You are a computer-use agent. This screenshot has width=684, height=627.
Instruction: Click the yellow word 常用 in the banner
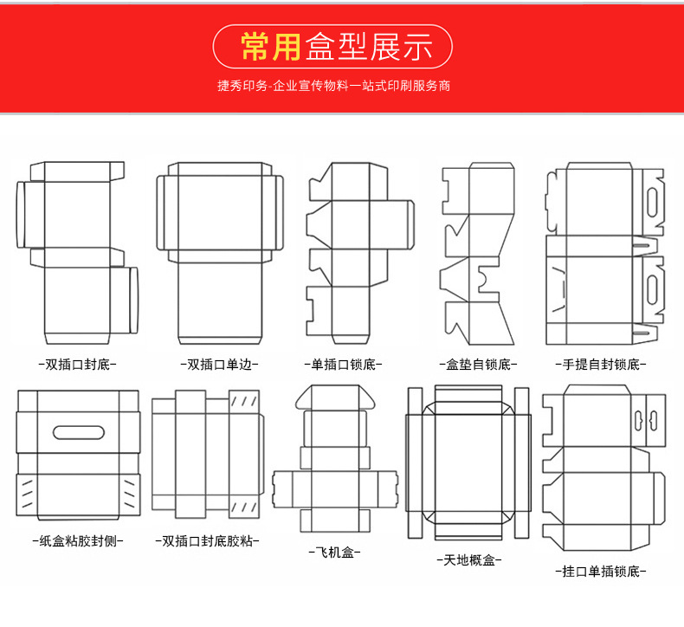coord(270,46)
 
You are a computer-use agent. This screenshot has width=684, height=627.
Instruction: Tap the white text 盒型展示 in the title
coord(369,46)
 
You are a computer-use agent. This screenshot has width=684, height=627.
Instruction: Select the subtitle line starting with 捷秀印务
coord(333,86)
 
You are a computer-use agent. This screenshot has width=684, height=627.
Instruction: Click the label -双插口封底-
coord(78,364)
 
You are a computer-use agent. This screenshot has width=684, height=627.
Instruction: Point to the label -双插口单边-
coord(219,364)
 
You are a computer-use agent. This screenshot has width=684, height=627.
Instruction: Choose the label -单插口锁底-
coord(344,364)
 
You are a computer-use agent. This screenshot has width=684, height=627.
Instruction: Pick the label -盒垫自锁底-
coord(478,364)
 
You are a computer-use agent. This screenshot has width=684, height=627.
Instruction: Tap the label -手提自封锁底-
coord(601,364)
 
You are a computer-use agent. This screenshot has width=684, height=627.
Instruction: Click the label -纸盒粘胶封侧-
coord(78,541)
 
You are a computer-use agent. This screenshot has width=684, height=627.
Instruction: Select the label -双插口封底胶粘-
coord(207,541)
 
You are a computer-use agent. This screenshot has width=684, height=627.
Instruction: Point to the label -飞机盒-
coord(335,553)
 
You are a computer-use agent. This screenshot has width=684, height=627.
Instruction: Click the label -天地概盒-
coord(469,559)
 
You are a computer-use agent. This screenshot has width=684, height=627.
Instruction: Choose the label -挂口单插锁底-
coord(601,571)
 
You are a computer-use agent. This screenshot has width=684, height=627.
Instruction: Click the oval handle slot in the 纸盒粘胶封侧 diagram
coord(79,432)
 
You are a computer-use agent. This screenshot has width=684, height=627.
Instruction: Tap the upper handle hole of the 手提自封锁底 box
coord(653,203)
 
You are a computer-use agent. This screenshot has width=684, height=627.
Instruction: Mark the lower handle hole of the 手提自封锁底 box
coord(653,289)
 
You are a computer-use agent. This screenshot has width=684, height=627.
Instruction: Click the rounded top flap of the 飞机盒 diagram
coord(335,397)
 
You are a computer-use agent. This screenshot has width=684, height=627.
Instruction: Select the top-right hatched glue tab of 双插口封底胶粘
coord(244,401)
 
